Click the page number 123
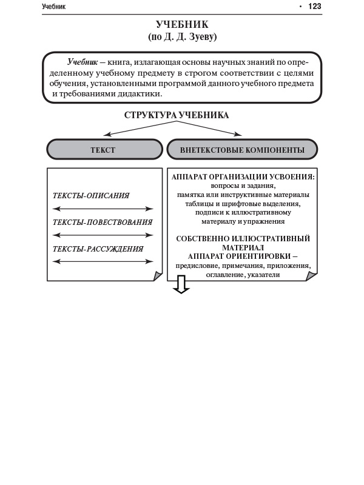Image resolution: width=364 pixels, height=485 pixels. tap(314, 7)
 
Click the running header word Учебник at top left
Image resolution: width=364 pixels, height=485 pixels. tap(54, 7)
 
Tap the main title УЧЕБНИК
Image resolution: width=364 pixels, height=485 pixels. tap(182, 25)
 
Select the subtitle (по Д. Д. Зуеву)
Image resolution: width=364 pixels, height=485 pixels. tap(182, 37)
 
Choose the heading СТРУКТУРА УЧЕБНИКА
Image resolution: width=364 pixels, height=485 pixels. tap(177, 115)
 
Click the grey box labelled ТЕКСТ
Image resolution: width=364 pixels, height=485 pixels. tap(103, 149)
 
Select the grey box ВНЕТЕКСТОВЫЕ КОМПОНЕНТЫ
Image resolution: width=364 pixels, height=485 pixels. tap(242, 149)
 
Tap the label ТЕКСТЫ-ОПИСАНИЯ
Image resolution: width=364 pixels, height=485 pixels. tap(91, 196)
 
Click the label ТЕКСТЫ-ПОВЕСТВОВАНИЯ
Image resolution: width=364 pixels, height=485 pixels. tap(103, 222)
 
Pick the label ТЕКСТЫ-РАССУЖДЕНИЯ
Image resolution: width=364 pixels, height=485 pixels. tap(98, 249)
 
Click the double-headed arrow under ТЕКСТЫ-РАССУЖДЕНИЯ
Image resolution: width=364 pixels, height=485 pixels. tap(103, 261)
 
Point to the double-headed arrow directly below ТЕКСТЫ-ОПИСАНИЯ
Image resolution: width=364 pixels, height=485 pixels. tap(103, 209)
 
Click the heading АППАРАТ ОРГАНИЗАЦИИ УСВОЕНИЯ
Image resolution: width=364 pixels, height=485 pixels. tap(243, 177)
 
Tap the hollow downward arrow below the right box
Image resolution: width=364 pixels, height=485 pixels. tap(181, 284)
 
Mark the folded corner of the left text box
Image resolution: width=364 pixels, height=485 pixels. tap(158, 276)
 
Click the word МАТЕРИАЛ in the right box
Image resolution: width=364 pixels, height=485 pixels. tap(243, 247)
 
